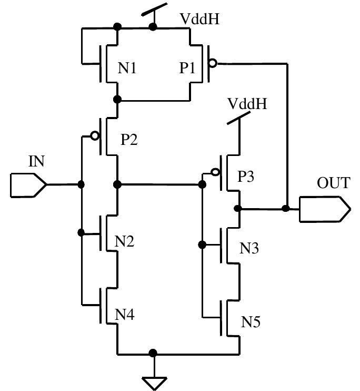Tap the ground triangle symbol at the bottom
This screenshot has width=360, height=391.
pyautogui.click(x=153, y=382)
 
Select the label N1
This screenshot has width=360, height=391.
pyautogui.click(x=127, y=69)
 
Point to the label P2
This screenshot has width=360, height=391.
pyautogui.click(x=129, y=140)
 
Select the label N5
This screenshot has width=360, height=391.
pyautogui.click(x=251, y=321)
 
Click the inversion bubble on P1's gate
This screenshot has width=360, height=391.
pyautogui.click(x=212, y=64)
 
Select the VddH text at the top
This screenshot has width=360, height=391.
pyautogui.click(x=199, y=19)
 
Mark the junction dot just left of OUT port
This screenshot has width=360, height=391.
pyautogui.click(x=286, y=209)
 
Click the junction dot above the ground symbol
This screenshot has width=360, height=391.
pyautogui.click(x=153, y=353)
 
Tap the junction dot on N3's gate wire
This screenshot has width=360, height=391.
pyautogui.click(x=202, y=245)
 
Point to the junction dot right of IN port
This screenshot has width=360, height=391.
pyautogui.click(x=81, y=184)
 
